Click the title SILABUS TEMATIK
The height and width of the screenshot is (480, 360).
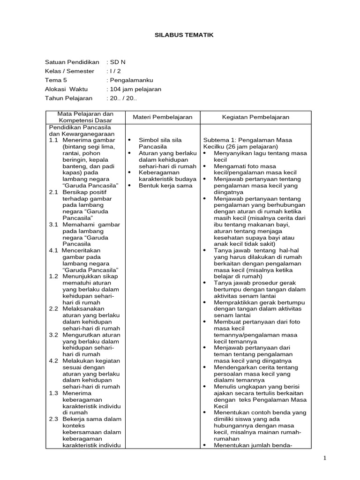[x=180, y=35]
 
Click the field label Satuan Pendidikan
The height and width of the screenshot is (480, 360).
[x=72, y=62]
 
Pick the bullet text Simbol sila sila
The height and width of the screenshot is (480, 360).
[x=160, y=140]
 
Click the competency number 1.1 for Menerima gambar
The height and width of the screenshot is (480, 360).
[x=53, y=140]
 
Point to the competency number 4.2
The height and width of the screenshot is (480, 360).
[x=53, y=360]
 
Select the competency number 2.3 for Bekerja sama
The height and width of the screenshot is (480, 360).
[x=53, y=419]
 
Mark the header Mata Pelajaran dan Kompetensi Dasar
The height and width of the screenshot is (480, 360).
[x=85, y=117]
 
